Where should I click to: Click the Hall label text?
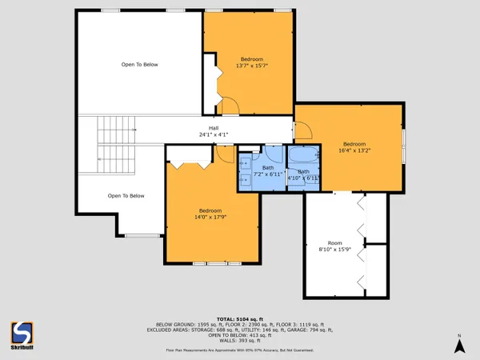point(214,128)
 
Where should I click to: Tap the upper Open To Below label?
point(138,65)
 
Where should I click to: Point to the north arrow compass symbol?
point(459,344)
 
